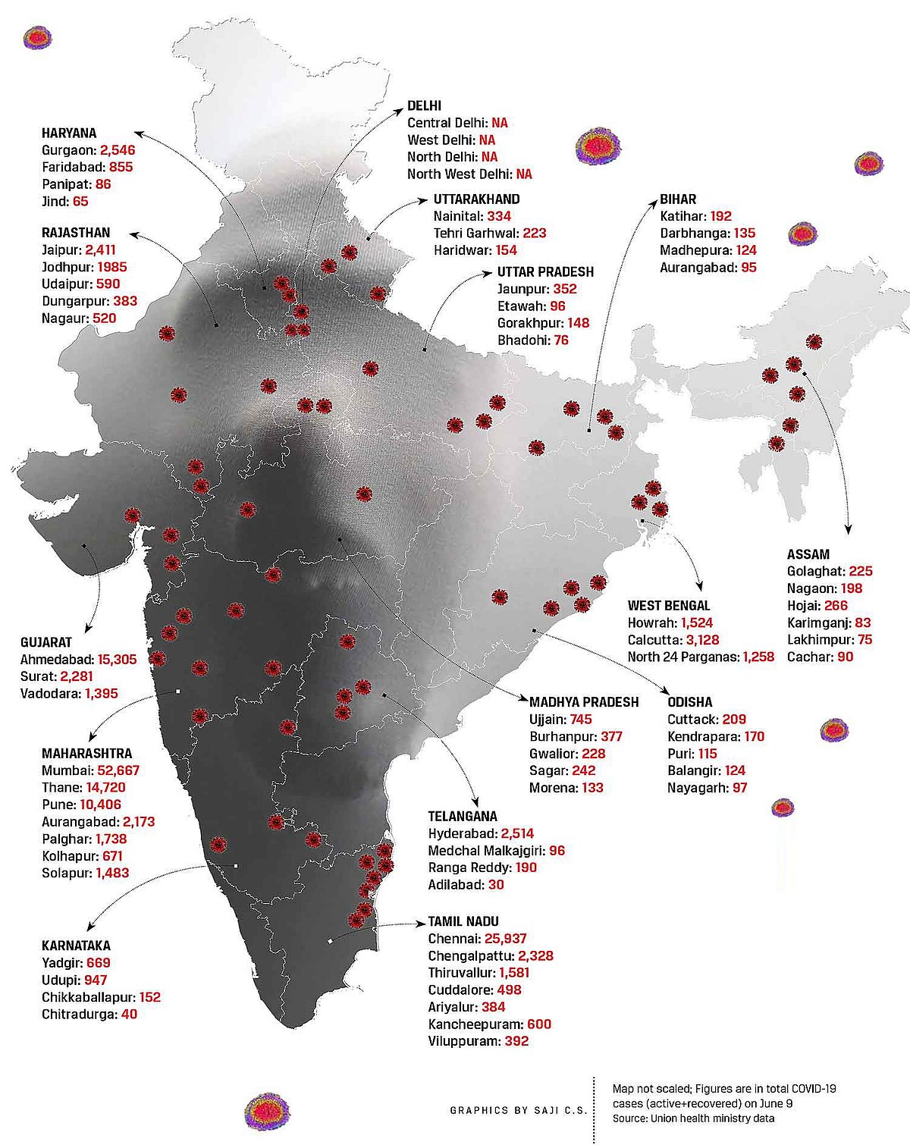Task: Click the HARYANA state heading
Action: (x=69, y=133)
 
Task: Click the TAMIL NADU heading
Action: (x=463, y=921)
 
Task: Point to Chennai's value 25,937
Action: (x=500, y=939)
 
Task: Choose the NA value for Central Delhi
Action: (x=499, y=123)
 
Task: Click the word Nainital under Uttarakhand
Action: (x=458, y=216)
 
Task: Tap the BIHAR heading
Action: (x=678, y=199)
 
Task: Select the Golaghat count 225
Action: (x=861, y=571)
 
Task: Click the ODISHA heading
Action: (x=689, y=702)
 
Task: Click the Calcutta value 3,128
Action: (x=702, y=639)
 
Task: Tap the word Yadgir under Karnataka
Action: (x=60, y=963)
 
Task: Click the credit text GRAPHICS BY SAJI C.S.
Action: (x=518, y=1110)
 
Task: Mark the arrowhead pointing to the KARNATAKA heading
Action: (x=91, y=927)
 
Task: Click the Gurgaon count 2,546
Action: (x=118, y=150)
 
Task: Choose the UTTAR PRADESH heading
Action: (x=545, y=272)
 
